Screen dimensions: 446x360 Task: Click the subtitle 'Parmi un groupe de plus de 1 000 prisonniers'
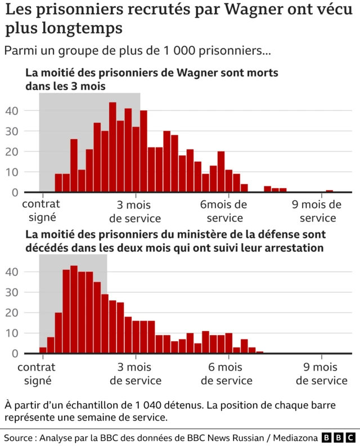[137, 51]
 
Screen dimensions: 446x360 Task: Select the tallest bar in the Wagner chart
[112, 148]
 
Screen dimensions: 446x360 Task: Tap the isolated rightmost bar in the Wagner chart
[330, 191]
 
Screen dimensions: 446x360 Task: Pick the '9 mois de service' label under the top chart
[318, 211]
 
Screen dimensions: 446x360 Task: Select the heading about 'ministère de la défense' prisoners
[174, 240]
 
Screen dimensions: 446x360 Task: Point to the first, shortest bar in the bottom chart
[43, 350]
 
